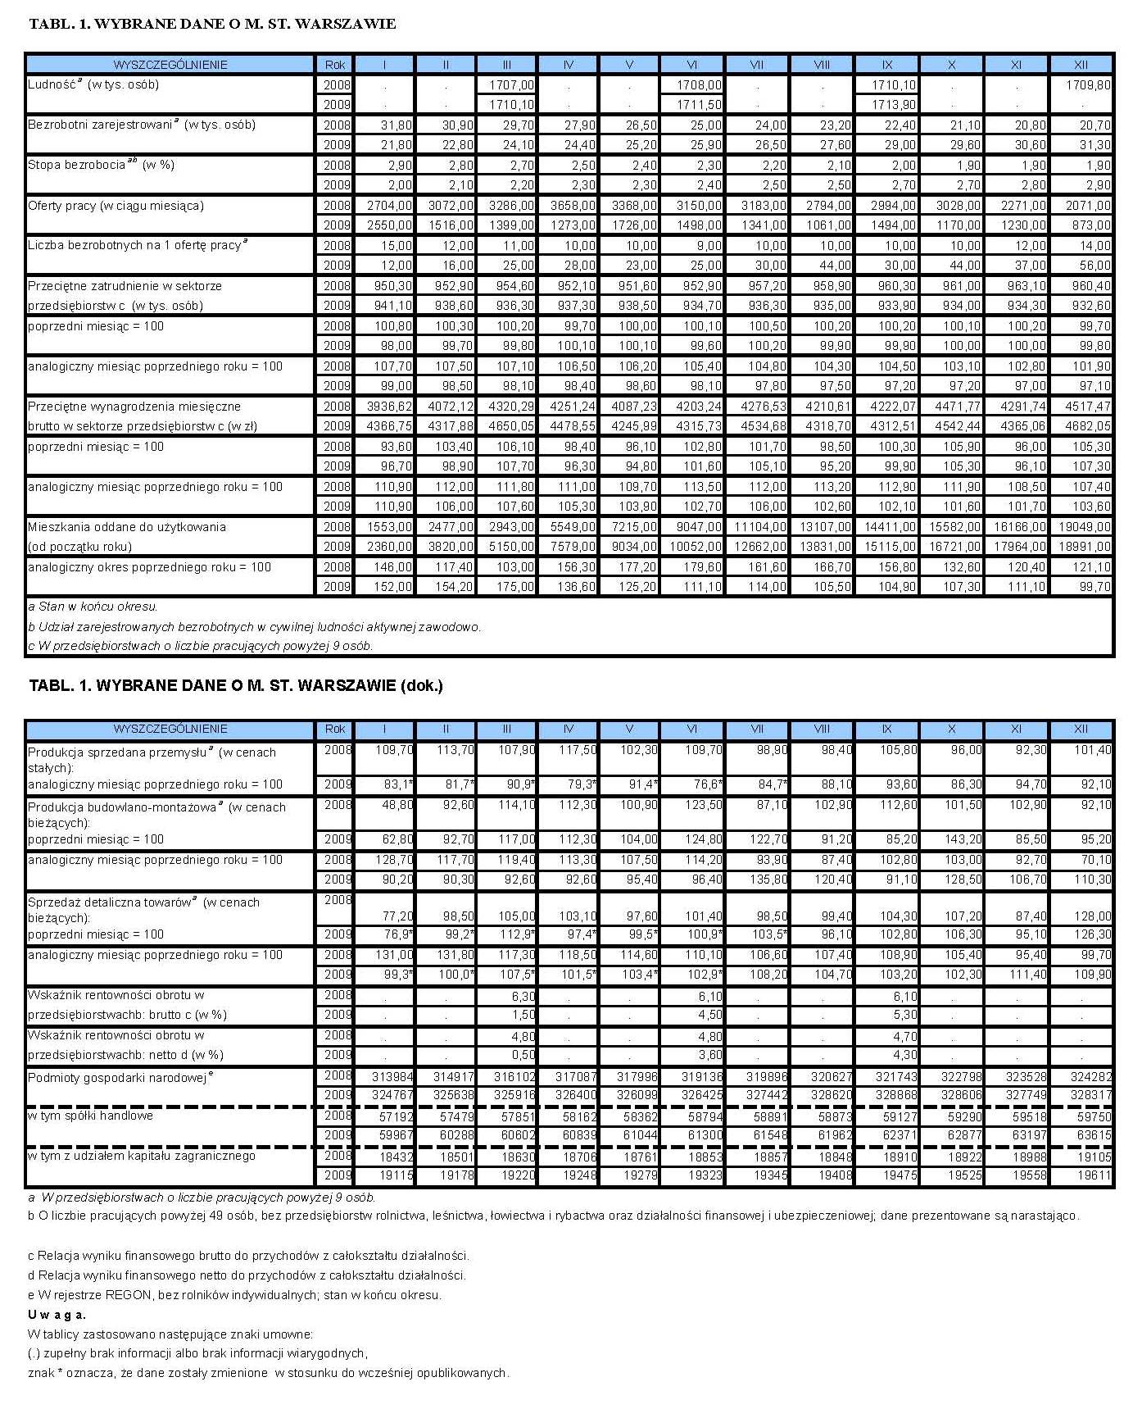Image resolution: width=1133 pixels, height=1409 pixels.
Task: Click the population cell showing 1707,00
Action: [512, 85]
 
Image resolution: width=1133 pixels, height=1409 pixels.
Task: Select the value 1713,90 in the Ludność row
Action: [894, 105]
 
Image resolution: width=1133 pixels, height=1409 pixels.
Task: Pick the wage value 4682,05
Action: [1088, 426]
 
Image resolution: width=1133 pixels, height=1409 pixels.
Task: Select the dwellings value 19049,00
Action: [1088, 527]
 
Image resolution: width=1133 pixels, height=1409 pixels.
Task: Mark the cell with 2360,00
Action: [390, 547]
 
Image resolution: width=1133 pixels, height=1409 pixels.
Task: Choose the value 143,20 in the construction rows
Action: [963, 839]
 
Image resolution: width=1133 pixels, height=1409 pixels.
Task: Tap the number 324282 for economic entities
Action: [1090, 1076]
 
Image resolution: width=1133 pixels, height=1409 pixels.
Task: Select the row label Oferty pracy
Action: [116, 206]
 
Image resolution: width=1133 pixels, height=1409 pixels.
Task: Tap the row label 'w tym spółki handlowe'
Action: [90, 1116]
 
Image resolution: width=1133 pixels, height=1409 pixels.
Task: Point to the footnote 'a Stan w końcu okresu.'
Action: [93, 607]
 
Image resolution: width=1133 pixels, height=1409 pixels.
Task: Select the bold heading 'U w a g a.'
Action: [57, 1315]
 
